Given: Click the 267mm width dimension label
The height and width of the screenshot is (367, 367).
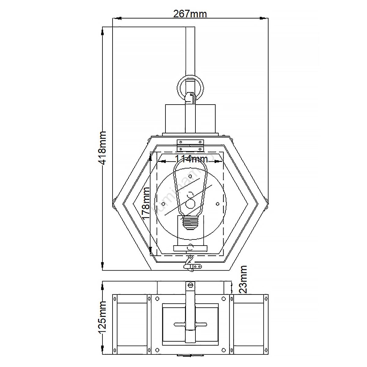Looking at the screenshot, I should pos(190,14).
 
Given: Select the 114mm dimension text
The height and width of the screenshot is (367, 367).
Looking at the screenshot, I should pos(191,159).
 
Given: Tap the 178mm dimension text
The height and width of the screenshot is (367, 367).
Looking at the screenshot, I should pos(146,203).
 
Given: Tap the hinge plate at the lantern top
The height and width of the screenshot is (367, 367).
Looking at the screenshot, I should pos(191,145).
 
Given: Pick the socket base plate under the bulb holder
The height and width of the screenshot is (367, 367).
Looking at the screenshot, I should pos(190,248).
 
